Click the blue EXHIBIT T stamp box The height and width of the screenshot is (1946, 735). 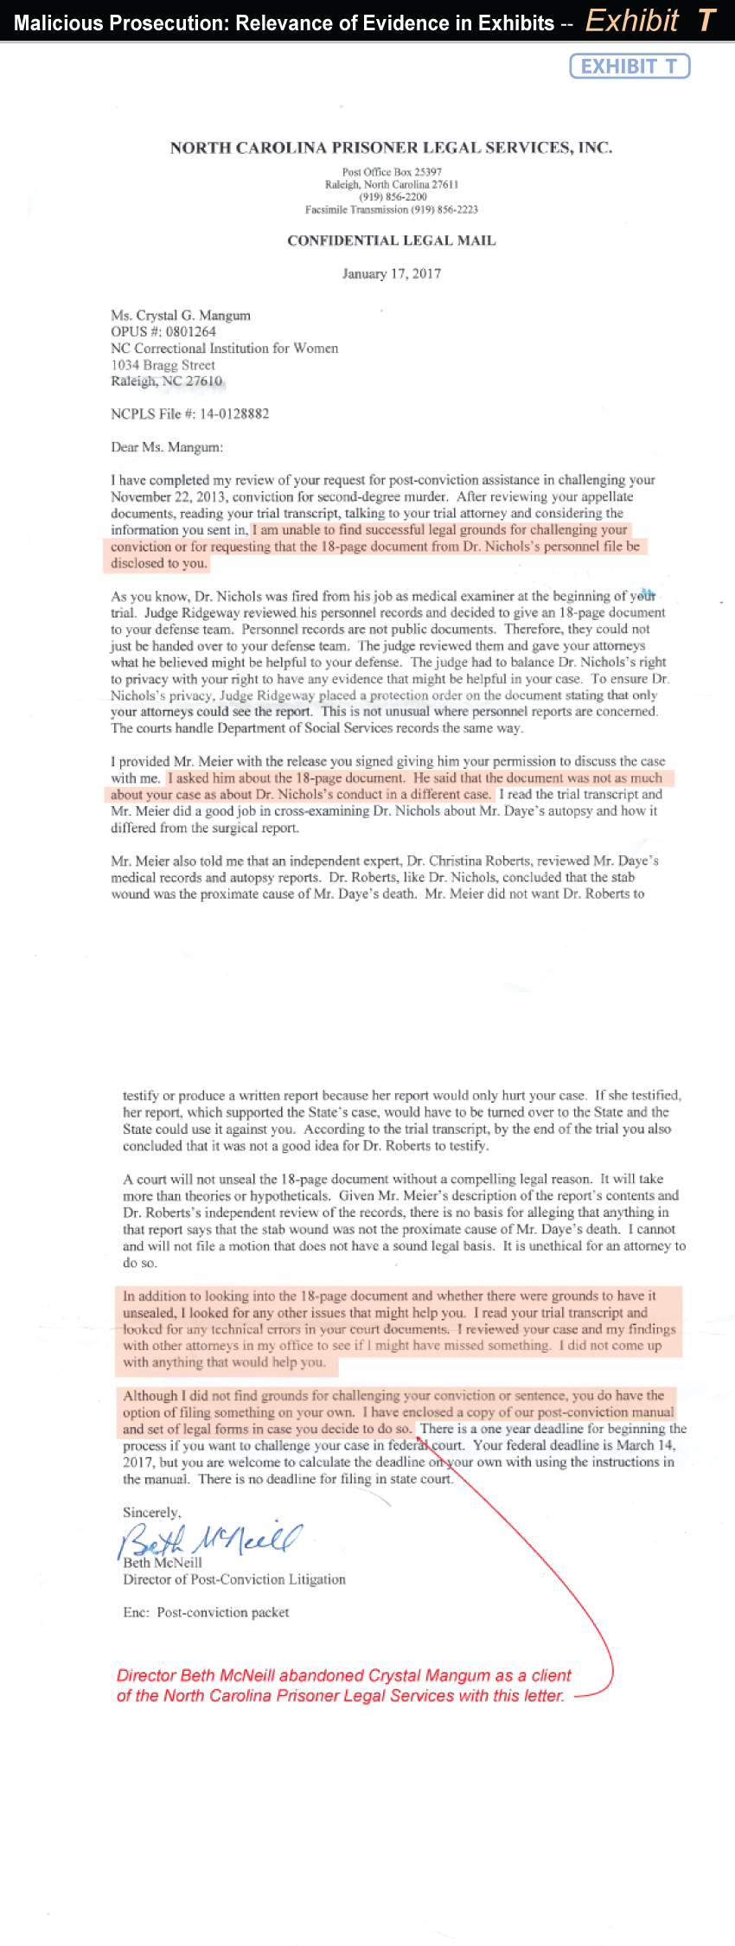630,67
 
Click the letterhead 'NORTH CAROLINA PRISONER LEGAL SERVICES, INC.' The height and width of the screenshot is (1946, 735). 391,148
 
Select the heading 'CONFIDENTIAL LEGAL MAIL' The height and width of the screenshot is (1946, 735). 392,240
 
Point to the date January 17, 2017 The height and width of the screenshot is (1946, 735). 392,274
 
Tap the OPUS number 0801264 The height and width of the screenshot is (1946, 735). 190,332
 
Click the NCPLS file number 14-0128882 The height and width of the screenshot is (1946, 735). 233,414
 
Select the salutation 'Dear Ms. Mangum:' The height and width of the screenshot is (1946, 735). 167,447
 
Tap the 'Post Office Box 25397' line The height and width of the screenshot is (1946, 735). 392,172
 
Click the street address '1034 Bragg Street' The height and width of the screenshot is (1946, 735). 163,365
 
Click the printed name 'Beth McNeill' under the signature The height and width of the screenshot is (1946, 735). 163,1563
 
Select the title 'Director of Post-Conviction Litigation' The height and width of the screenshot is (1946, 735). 234,1579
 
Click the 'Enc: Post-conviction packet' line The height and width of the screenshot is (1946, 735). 206,1612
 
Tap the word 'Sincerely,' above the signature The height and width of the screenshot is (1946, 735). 152,1513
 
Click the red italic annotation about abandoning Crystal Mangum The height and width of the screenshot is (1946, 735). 343,1686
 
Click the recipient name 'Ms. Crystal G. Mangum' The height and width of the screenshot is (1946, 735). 181,316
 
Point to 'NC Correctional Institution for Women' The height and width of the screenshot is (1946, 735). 224,349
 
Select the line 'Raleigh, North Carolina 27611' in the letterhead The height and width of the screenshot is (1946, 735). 392,184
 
